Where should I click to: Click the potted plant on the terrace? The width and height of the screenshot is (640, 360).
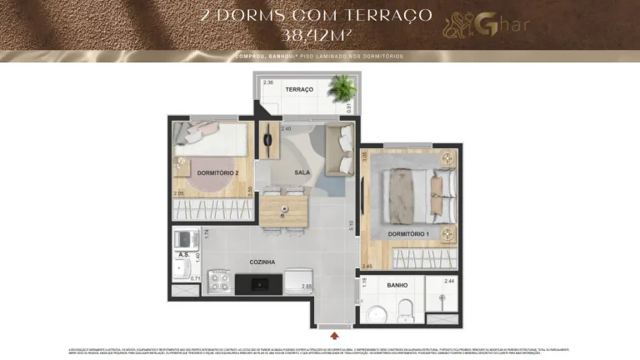(x=341, y=86)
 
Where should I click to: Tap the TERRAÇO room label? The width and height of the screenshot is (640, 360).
(x=299, y=89)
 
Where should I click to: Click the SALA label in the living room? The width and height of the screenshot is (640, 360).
(x=302, y=172)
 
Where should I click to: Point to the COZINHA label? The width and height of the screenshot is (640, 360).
(x=262, y=262)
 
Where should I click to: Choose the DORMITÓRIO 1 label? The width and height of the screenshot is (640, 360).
(x=408, y=234)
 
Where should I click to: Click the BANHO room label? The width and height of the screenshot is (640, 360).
(x=397, y=285)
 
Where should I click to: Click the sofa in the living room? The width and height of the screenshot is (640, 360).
(x=339, y=150)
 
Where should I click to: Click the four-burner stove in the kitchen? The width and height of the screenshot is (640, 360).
(x=220, y=282)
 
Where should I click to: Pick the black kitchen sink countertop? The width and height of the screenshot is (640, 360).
(x=259, y=283)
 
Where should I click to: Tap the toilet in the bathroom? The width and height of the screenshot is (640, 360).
(x=406, y=312)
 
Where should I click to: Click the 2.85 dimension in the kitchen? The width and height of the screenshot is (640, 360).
(x=307, y=287)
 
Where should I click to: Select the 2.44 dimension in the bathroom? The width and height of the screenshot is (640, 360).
(x=450, y=282)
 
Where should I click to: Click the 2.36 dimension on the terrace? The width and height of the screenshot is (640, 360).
(x=268, y=82)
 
